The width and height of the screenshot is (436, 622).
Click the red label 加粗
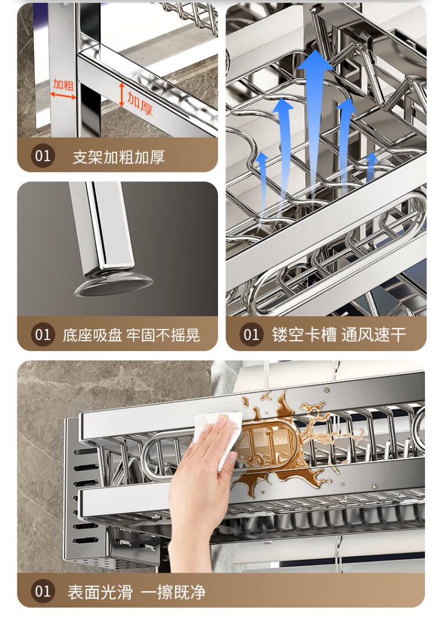pyautogui.click(x=63, y=84)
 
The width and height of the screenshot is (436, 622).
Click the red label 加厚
pyautogui.click(x=140, y=103)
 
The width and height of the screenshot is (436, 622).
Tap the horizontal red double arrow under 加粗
pyautogui.click(x=63, y=95)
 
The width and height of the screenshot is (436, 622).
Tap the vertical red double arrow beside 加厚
pyautogui.click(x=122, y=95)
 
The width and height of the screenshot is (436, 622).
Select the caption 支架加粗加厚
pyautogui.click(x=118, y=157)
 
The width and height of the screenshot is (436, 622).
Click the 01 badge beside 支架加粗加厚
pyautogui.click(x=42, y=156)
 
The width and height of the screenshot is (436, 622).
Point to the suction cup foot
pyautogui.click(x=114, y=283)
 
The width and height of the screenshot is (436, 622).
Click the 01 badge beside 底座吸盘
pyautogui.click(x=42, y=334)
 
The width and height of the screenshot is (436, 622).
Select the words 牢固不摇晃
pyautogui.click(x=163, y=335)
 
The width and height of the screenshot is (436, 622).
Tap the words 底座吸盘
pyautogui.click(x=92, y=335)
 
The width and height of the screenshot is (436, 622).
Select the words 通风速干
pyautogui.click(x=373, y=334)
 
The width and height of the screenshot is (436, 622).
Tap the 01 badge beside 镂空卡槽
pyautogui.click(x=251, y=334)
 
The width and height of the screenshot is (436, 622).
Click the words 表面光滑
pyautogui.click(x=100, y=592)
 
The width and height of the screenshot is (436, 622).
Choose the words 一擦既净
pyautogui.click(x=173, y=592)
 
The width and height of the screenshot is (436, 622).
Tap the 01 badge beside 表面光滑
pyautogui.click(x=42, y=591)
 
